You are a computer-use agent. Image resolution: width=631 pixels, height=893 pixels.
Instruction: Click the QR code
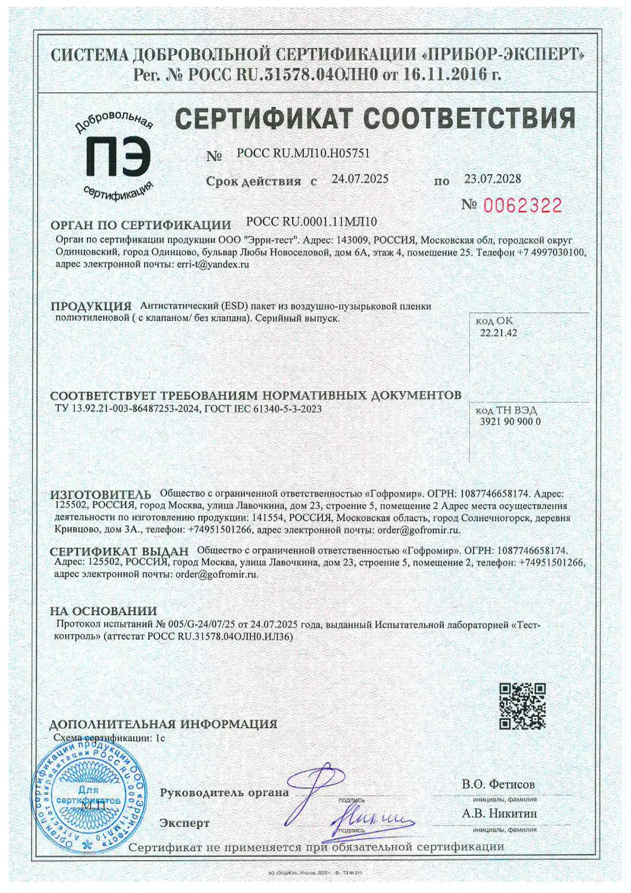click(x=522, y=706)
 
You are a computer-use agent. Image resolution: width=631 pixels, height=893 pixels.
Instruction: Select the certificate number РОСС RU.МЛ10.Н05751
click(x=303, y=153)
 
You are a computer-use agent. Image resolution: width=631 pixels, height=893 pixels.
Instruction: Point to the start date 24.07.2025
click(x=360, y=179)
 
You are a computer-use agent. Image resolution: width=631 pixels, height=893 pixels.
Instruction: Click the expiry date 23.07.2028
click(x=493, y=179)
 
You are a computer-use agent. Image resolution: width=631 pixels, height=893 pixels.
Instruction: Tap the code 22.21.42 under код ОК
click(x=498, y=333)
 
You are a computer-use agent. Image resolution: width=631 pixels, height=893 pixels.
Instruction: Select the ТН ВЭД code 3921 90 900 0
click(x=510, y=422)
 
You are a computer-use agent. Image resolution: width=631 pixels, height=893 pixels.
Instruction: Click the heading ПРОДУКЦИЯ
click(x=91, y=306)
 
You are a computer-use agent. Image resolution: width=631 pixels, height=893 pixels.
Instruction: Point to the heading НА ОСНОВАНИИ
click(x=103, y=611)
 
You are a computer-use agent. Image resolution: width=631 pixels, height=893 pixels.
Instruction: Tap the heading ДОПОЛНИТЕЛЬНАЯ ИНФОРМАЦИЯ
click(x=163, y=724)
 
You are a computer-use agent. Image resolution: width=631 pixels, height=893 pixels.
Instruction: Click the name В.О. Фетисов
click(x=498, y=784)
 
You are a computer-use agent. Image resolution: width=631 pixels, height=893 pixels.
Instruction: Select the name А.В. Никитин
click(x=499, y=813)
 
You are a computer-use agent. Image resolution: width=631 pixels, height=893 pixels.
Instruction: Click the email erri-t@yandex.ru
click(x=212, y=264)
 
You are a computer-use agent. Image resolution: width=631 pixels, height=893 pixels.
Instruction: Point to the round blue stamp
click(x=89, y=796)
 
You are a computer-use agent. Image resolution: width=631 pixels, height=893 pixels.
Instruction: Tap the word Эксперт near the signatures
click(x=185, y=823)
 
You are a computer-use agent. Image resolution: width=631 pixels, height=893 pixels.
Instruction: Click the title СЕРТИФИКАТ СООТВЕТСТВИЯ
click(x=375, y=118)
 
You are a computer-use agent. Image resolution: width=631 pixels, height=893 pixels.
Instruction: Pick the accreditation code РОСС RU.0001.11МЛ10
click(x=312, y=222)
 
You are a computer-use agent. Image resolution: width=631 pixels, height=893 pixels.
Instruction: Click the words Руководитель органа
click(x=224, y=793)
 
